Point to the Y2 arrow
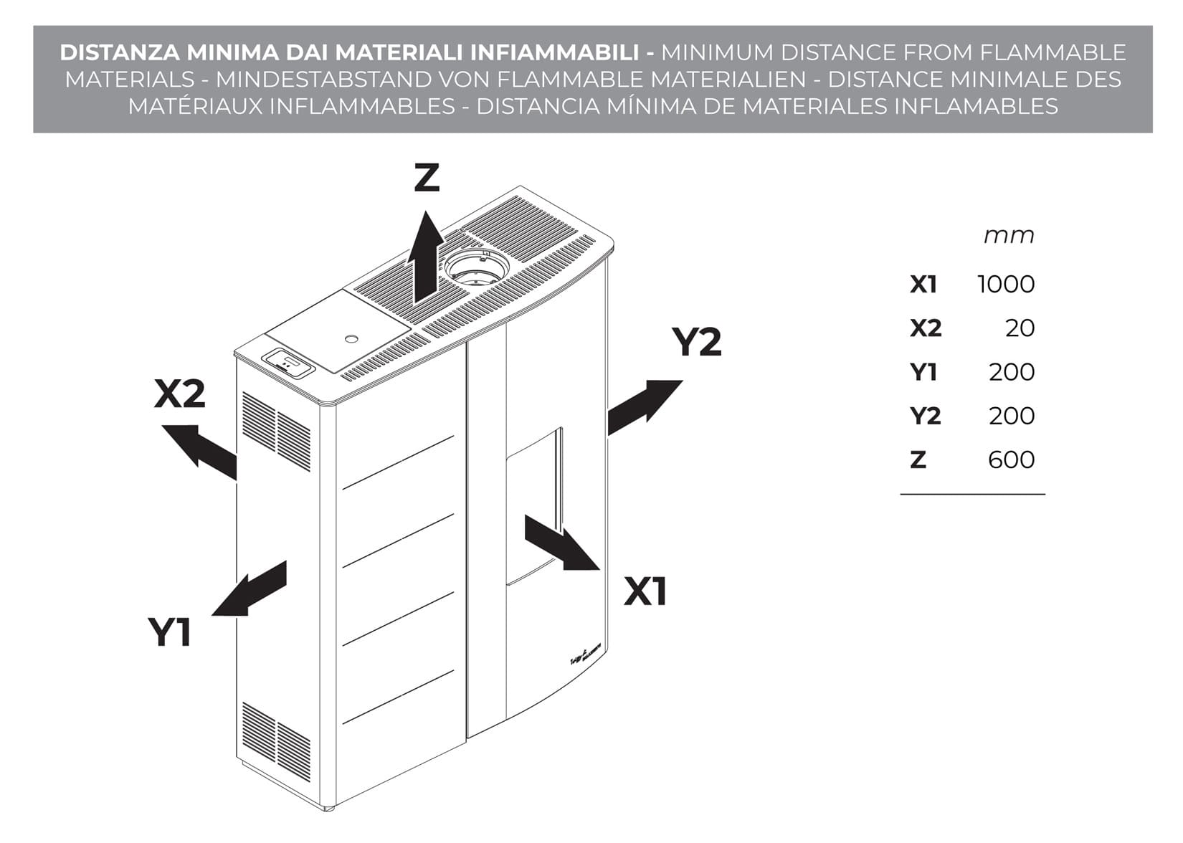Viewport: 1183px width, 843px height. [643, 406]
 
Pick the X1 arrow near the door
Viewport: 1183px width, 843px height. [561, 543]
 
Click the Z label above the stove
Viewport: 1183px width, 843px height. [427, 178]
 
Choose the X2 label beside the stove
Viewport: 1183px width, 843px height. [179, 394]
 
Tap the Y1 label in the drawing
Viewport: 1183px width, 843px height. [170, 632]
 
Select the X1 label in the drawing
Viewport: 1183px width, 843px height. [645, 592]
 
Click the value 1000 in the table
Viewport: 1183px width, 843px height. [1006, 285]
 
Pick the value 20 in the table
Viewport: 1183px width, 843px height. [1020, 328]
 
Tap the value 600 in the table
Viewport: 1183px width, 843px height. [1011, 459]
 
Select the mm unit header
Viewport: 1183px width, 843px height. [1009, 235]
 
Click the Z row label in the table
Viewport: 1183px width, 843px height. [918, 459]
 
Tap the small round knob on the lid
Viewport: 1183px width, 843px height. [351, 338]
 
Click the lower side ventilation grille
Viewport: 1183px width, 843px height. [276, 737]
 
